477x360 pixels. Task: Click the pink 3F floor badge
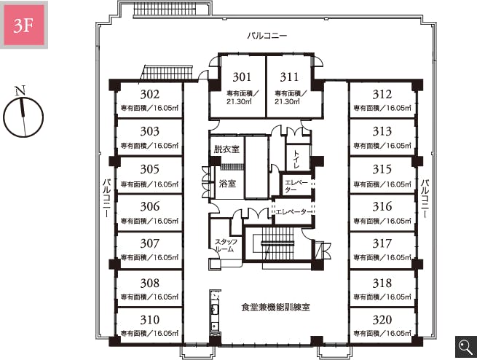click(x=24, y=25)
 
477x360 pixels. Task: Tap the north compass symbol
click(x=23, y=114)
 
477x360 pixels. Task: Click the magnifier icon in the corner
click(x=466, y=347)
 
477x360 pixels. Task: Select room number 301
click(x=242, y=77)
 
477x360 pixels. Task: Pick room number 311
click(x=289, y=77)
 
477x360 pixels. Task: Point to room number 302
click(x=150, y=94)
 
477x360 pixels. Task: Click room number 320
click(x=382, y=320)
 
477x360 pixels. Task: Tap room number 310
click(x=150, y=320)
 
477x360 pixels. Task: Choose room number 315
click(x=382, y=169)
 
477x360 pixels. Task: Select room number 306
click(x=150, y=207)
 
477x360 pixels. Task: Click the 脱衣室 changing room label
click(x=226, y=149)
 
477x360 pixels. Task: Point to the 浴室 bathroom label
click(x=227, y=184)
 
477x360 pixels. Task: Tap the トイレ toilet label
click(x=296, y=160)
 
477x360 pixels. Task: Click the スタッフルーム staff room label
click(x=226, y=246)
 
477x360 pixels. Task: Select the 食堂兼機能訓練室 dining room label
click(x=275, y=308)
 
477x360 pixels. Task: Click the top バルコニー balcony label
click(x=267, y=36)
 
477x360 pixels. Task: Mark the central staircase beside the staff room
click(x=277, y=243)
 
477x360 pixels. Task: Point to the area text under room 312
click(x=382, y=108)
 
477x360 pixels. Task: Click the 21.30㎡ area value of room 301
click(x=239, y=101)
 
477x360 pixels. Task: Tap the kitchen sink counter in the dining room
click(x=215, y=313)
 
